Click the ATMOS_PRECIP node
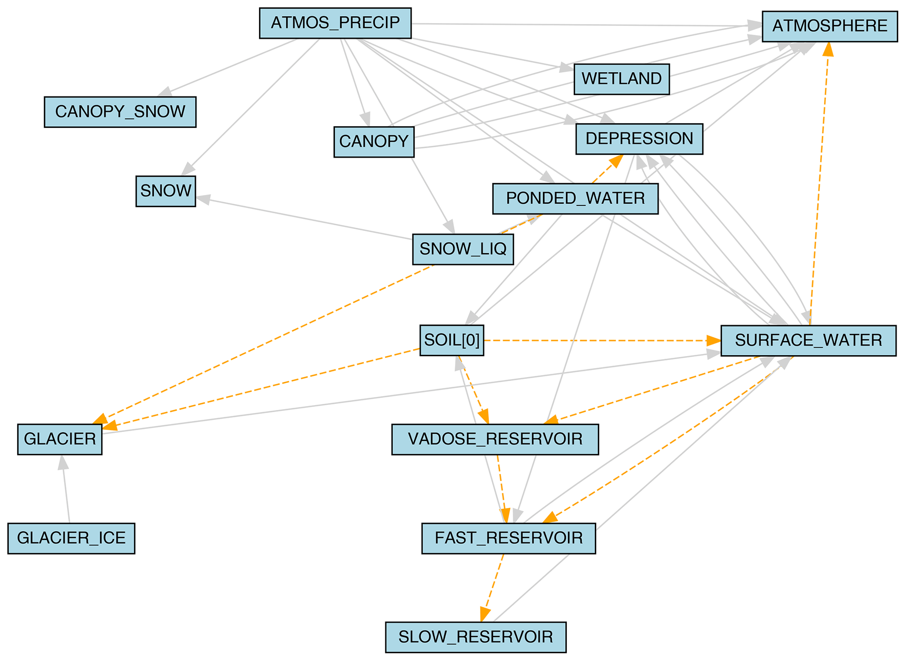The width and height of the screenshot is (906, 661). click(x=335, y=23)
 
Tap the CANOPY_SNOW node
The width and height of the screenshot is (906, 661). click(x=120, y=112)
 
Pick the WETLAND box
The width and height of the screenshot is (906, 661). click(x=621, y=79)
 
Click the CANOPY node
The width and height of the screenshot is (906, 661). click(x=374, y=141)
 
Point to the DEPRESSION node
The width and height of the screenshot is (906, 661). click(x=639, y=139)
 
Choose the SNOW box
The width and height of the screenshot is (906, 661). click(x=166, y=191)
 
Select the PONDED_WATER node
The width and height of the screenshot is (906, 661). click(x=575, y=198)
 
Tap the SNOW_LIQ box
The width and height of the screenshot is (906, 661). click(x=463, y=249)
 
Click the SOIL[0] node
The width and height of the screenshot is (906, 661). click(x=451, y=340)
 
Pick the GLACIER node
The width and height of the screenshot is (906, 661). click(x=60, y=439)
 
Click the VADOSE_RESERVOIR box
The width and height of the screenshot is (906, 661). click(x=495, y=439)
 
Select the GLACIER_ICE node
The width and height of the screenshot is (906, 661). click(x=71, y=538)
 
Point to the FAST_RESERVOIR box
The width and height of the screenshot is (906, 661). click(x=508, y=538)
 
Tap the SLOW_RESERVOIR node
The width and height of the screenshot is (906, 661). click(x=476, y=637)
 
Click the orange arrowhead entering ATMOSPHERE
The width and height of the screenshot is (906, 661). click(x=828, y=49)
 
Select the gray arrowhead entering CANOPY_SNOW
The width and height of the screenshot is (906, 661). click(x=165, y=92)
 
